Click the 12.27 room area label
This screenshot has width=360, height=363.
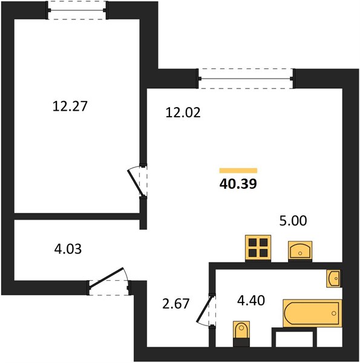[x=70, y=106]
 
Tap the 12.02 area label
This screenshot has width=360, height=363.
[x=183, y=113]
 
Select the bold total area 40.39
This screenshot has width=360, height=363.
[x=238, y=184]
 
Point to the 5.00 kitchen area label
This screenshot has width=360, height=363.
[x=293, y=220]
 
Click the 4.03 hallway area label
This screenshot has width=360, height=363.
[x=68, y=249]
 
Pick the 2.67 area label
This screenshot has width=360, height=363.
[x=176, y=304]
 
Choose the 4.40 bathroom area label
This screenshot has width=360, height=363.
[x=251, y=301]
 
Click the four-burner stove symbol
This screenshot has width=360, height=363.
[x=258, y=248]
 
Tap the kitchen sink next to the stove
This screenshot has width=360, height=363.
[x=300, y=251]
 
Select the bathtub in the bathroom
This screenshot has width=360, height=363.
[x=312, y=313]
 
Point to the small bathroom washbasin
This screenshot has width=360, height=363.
[x=334, y=278]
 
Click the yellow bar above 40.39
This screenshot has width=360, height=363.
[x=238, y=171]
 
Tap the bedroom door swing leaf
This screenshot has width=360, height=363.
[x=137, y=183]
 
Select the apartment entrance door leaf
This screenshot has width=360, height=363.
[x=106, y=278]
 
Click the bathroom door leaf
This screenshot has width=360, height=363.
[x=205, y=309]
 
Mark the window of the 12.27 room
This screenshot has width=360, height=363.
[x=76, y=10]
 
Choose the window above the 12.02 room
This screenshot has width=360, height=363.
[x=246, y=79]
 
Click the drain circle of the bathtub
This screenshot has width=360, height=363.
[x=333, y=313]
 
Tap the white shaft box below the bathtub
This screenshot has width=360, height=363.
[x=294, y=339]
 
